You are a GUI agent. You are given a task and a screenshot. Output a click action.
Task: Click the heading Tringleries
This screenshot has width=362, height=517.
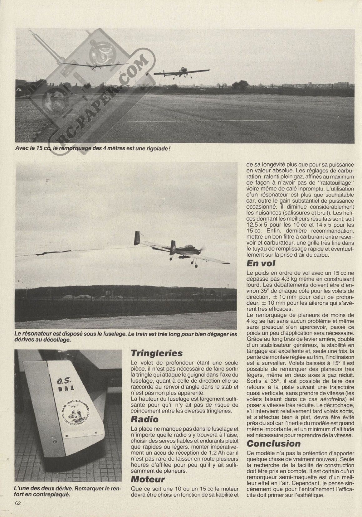pos(157,353)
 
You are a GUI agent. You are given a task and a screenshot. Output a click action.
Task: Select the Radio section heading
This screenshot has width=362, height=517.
pos(144,419)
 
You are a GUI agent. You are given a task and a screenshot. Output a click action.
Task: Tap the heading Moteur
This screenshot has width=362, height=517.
pos(148,479)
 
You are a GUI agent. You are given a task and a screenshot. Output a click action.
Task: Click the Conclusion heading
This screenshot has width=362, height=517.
pos(274,443)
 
